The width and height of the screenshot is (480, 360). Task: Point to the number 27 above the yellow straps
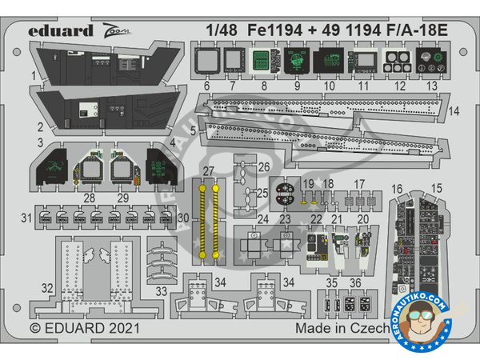[208, 171]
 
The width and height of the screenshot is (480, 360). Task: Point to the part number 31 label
[26, 218]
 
